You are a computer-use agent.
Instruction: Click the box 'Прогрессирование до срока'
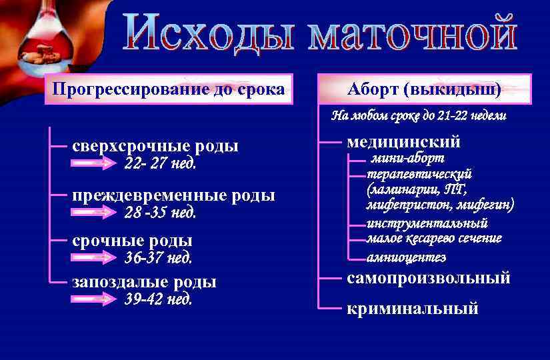tap(168, 89)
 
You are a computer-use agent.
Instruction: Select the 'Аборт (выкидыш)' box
tap(425, 89)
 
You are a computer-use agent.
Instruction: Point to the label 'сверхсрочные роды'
tap(155, 146)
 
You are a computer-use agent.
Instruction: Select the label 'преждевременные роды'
tap(173, 196)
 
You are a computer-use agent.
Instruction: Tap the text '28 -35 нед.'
tap(160, 213)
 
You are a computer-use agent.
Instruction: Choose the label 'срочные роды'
tap(132, 241)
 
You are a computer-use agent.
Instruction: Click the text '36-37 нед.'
tap(158, 257)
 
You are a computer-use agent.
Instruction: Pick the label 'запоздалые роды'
tap(144, 282)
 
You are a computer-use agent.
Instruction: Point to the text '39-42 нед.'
tap(158, 299)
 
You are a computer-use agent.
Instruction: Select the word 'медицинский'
tap(404, 141)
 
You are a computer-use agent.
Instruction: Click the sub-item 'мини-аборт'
tap(407, 159)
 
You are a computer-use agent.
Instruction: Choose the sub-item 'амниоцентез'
tap(406, 257)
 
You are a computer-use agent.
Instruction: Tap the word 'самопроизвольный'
tap(429, 278)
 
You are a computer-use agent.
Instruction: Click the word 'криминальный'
tap(413, 309)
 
